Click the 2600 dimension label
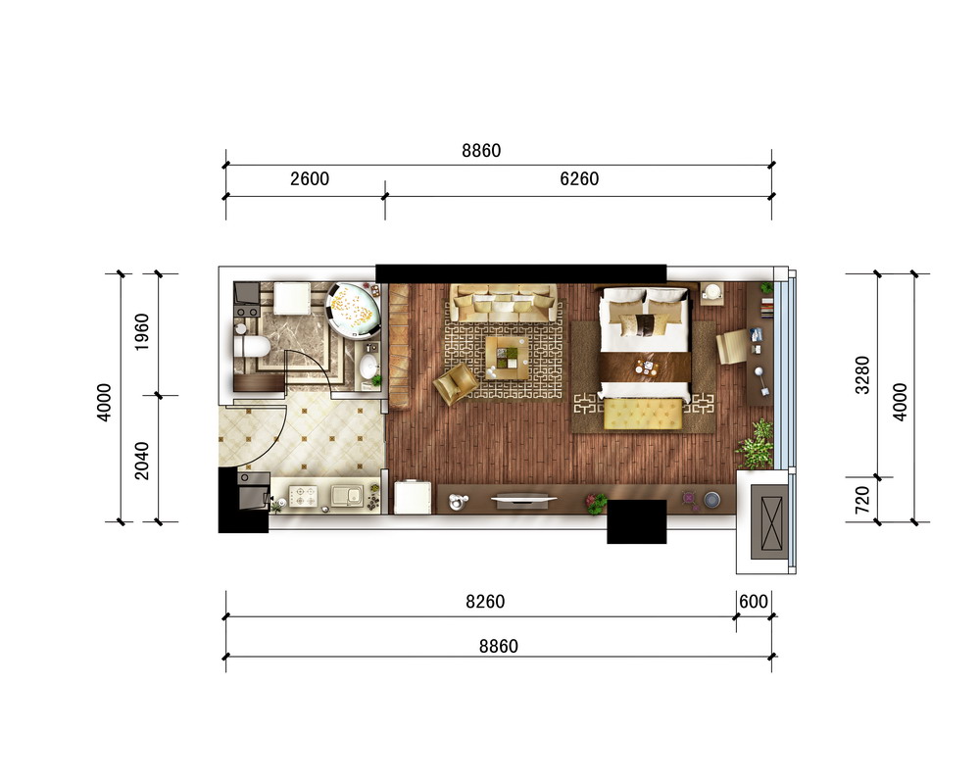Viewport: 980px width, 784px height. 310,178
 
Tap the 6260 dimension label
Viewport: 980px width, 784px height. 579,178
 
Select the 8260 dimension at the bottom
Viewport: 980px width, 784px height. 485,602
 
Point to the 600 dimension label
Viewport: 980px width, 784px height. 753,602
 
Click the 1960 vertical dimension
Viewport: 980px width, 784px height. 142,331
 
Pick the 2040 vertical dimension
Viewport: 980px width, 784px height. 142,461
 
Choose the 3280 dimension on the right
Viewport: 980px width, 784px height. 862,374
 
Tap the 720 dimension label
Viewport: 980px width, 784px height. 862,499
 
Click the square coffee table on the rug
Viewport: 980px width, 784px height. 508,358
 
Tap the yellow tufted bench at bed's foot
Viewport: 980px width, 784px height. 643,414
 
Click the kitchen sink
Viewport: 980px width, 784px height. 347,496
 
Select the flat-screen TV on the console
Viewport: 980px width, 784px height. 523,500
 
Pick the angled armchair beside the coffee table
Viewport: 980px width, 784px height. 457,382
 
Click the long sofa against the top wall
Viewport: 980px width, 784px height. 504,303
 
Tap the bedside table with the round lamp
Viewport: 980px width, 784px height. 712,293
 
